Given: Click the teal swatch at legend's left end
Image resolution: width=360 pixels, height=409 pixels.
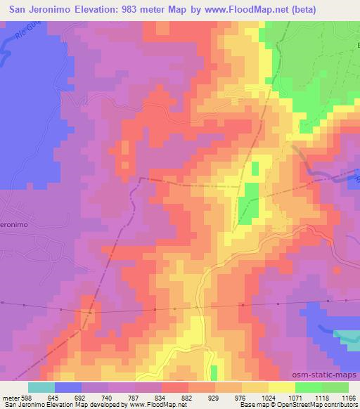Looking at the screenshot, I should pyautogui.click(x=41, y=387).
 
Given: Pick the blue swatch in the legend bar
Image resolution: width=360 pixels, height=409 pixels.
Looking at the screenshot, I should pyautogui.click(x=67, y=387).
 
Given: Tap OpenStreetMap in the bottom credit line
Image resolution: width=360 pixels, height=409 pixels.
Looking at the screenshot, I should pyautogui.click(x=335, y=405).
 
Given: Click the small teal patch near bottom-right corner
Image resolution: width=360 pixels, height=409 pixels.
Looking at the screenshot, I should pyautogui.click(x=345, y=336).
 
